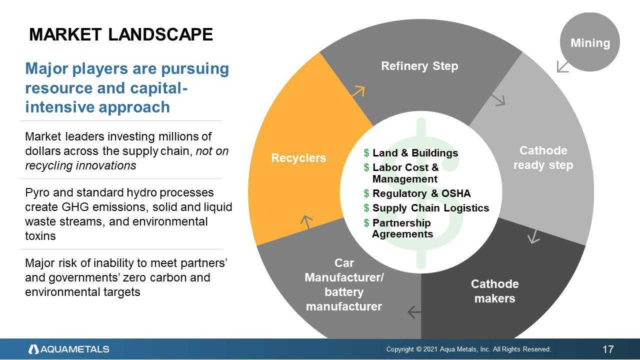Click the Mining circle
(x=590, y=42)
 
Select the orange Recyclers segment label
(x=298, y=158)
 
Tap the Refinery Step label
(x=419, y=66)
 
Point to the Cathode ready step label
(x=543, y=157)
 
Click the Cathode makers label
(x=494, y=291)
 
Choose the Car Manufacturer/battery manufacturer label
(x=344, y=284)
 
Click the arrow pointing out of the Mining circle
(x=562, y=66)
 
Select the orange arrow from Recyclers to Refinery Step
(x=358, y=91)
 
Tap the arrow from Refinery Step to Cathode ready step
(x=499, y=100)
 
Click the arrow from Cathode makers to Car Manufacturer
(x=414, y=312)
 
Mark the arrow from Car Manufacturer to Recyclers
(x=306, y=221)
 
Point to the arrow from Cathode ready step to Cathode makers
(x=534, y=236)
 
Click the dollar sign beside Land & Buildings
(x=366, y=153)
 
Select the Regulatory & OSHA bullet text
(x=421, y=193)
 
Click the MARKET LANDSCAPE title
(x=121, y=34)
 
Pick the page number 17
(x=608, y=349)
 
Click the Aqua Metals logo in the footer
(x=68, y=349)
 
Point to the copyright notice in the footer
(x=468, y=349)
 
